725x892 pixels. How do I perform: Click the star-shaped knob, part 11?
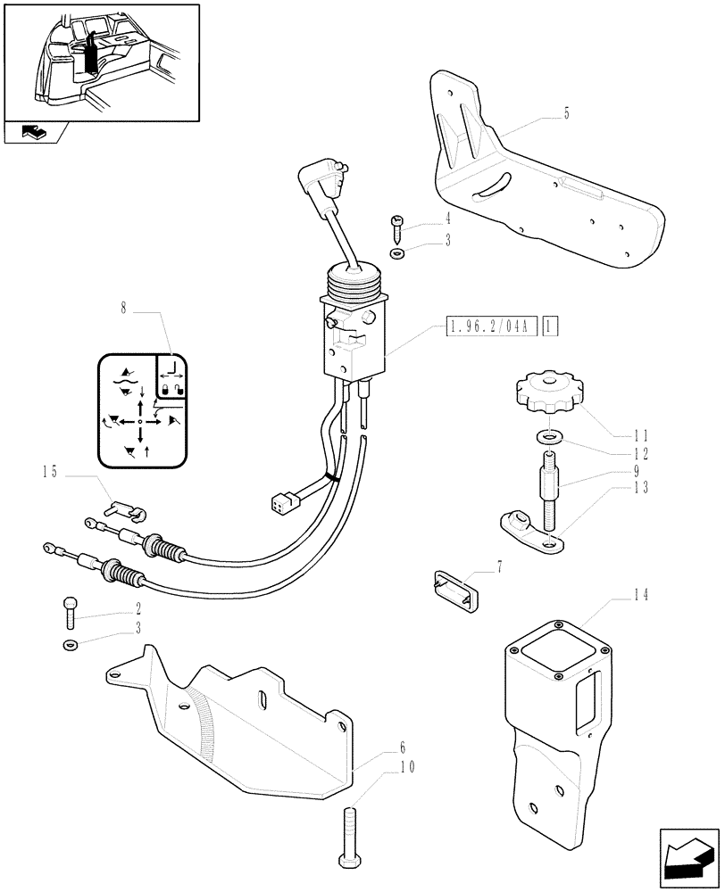546,394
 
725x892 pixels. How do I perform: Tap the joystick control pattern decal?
144,410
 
